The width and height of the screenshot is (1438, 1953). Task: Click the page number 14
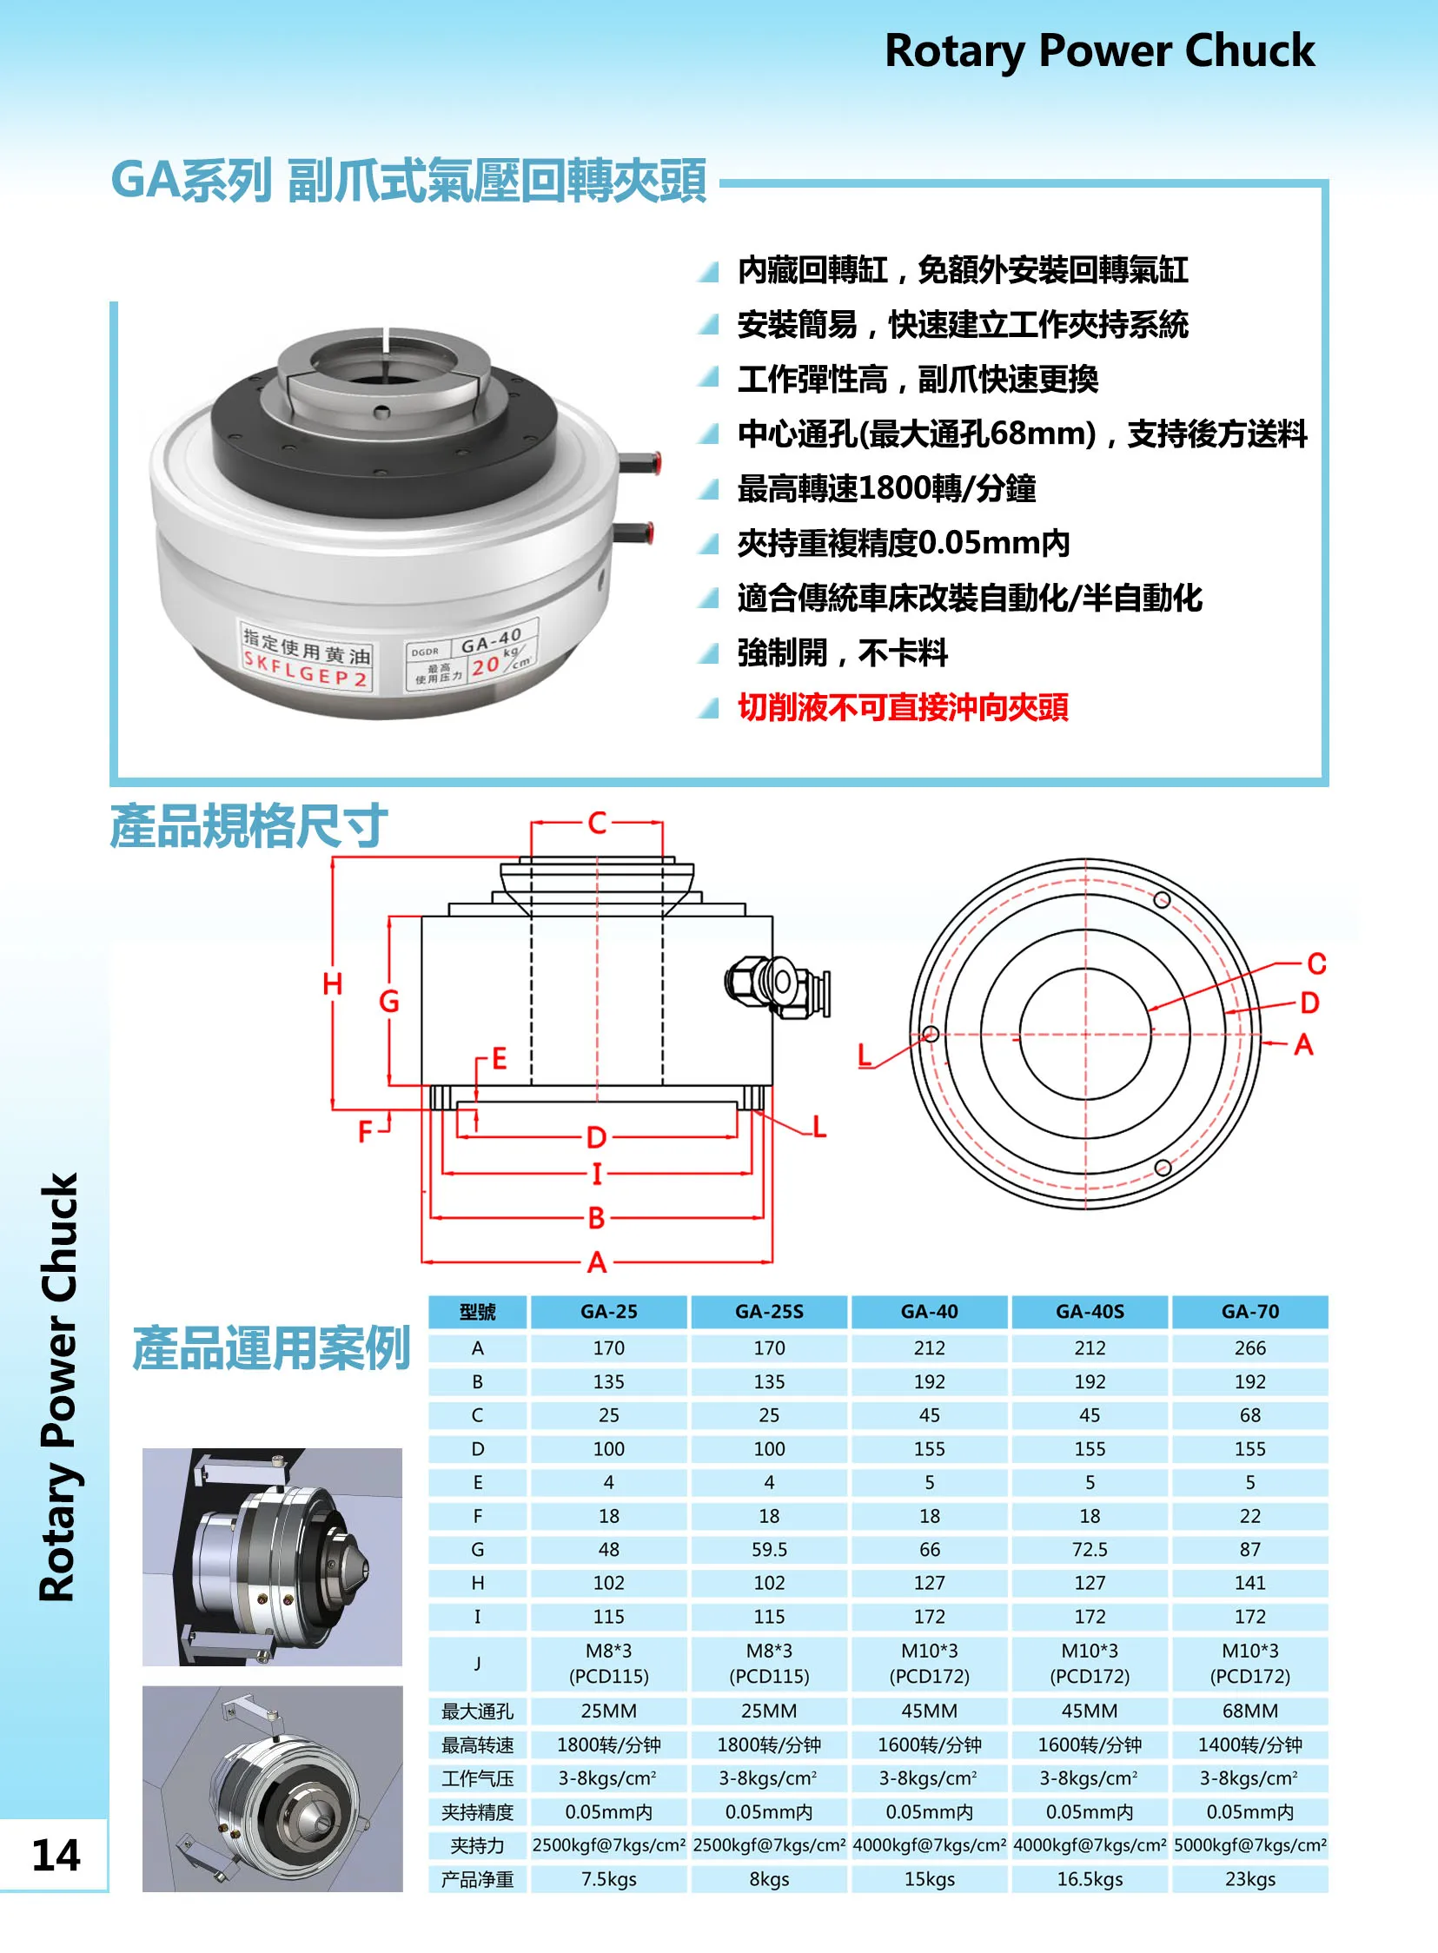(56, 1854)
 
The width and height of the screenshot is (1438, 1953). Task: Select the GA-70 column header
(1250, 1312)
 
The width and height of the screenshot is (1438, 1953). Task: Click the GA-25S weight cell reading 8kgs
(769, 1879)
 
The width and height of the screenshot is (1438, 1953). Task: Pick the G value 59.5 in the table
(769, 1550)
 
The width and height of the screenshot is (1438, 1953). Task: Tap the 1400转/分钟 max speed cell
(1250, 1745)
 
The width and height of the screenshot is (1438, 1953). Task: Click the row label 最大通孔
(477, 1711)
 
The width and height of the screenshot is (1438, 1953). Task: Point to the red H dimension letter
(333, 984)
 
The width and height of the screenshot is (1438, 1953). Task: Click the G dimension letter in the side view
(389, 1001)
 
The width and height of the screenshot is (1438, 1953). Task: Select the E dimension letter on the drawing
(500, 1058)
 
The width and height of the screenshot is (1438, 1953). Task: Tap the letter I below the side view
(597, 1174)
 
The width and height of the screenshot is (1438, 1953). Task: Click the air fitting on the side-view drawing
(778, 985)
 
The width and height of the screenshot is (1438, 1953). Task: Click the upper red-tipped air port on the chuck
(639, 462)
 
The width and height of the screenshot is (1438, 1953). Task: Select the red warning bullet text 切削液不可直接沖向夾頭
(903, 707)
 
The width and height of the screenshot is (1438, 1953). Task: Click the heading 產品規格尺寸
(249, 826)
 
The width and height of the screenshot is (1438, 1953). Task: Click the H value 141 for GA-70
(1250, 1583)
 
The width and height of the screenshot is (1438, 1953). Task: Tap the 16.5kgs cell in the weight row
(1090, 1879)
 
